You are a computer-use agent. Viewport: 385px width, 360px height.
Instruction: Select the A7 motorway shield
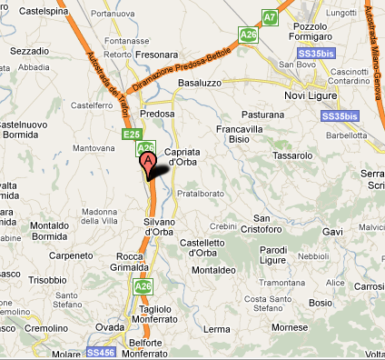270,17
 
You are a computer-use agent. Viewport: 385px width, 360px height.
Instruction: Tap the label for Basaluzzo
201,82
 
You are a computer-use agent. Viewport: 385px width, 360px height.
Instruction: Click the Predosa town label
157,115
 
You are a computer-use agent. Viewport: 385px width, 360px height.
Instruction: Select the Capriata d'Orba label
187,156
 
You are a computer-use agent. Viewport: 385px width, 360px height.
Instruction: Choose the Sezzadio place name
29,52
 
